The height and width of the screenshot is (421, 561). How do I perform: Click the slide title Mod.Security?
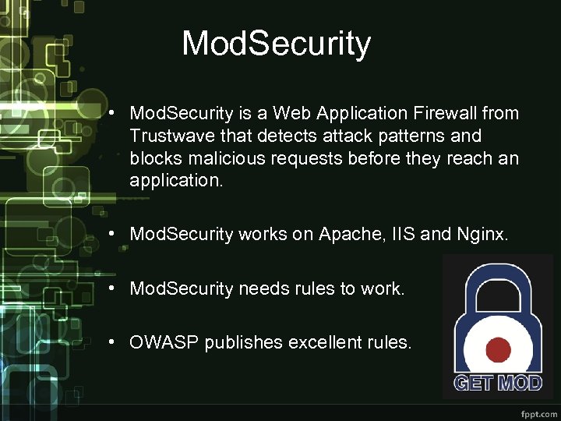tap(276, 44)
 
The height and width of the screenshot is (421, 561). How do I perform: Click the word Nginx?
tap(480, 234)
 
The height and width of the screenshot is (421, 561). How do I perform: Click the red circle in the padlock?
tap(498, 349)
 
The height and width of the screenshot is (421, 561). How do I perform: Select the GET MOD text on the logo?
tap(497, 383)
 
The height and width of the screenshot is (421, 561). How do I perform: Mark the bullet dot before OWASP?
tap(114, 342)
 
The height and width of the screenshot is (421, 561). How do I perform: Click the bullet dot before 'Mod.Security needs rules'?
tap(114, 288)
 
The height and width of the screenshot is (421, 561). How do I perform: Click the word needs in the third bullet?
tap(264, 288)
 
